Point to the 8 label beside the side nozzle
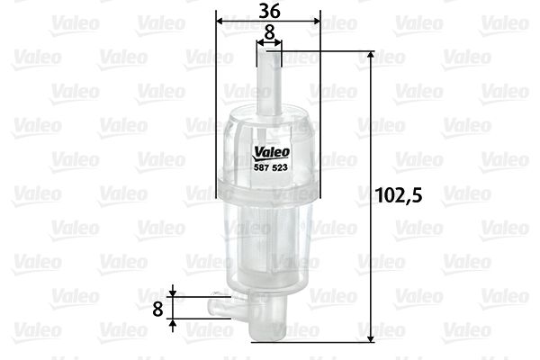tap(157, 308)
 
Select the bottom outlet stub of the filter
tap(267, 332)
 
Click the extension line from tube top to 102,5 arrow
tap(324, 51)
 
